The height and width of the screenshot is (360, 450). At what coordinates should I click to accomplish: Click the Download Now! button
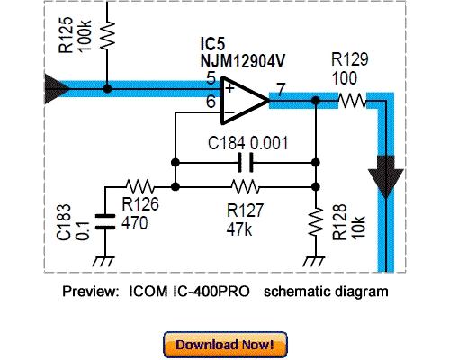225,344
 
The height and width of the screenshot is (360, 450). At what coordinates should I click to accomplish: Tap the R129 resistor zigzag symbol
353,102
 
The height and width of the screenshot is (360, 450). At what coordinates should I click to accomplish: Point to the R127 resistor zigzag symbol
243,187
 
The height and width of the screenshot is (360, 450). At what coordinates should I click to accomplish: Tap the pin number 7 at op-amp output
281,89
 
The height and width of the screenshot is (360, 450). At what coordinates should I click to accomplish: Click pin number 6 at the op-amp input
210,103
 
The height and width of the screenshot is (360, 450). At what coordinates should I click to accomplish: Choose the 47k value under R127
240,229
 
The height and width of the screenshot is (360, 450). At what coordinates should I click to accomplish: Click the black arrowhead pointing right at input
57,88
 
